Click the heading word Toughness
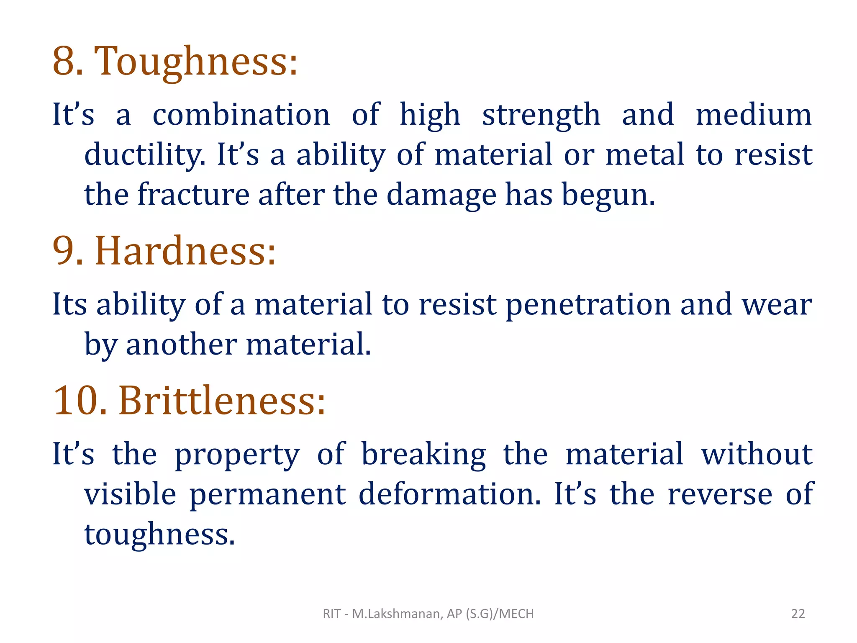tap(196, 62)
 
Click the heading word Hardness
tap(185, 251)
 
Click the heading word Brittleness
tap(222, 401)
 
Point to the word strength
tap(541, 115)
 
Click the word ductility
tap(145, 155)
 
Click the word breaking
tap(423, 455)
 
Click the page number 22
tap(798, 614)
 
